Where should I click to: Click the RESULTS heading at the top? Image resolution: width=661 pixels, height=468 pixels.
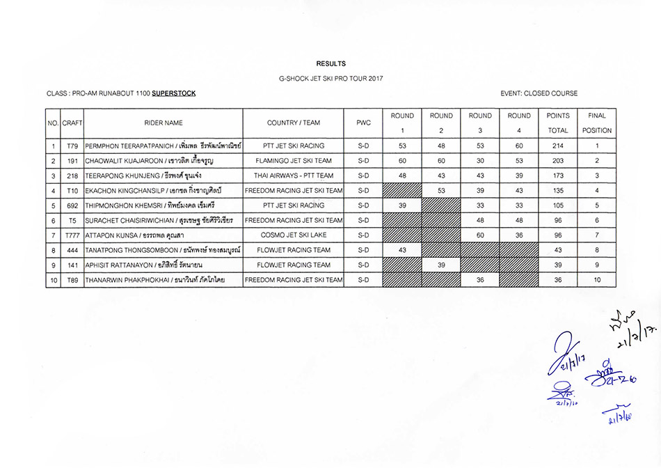[330, 63]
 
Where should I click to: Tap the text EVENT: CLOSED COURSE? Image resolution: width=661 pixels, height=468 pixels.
[539, 93]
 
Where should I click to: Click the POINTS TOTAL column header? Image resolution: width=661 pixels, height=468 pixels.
[558, 123]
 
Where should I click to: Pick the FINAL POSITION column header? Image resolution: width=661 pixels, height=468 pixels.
[597, 123]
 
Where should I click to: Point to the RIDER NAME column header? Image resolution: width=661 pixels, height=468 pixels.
[164, 123]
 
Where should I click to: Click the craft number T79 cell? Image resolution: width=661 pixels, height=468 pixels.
[72, 146]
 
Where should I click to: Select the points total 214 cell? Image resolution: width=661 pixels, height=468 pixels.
[558, 146]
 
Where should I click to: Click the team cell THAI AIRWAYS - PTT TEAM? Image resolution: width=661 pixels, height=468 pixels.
[294, 175]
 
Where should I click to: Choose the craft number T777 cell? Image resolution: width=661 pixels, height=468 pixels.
[72, 235]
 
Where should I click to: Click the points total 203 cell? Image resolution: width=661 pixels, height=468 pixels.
[558, 160]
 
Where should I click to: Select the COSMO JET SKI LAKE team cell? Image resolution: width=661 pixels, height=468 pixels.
[294, 235]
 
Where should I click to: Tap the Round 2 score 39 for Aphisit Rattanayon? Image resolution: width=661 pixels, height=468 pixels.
[441, 265]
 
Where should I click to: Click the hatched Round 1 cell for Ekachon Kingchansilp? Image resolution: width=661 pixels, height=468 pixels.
[402, 190]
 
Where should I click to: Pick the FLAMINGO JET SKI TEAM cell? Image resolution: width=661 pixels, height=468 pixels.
[294, 160]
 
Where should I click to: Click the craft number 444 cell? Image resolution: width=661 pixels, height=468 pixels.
[72, 250]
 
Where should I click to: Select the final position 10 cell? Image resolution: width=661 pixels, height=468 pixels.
[597, 280]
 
